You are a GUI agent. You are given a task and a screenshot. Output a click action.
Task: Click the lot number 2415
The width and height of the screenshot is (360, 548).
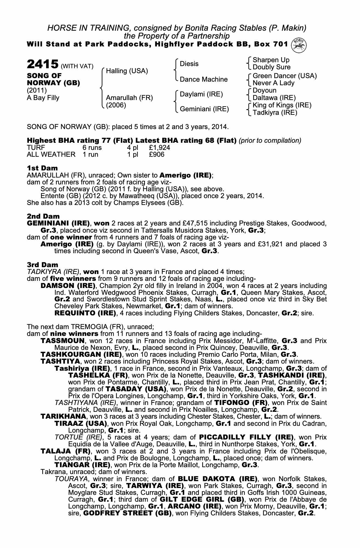point(42,64)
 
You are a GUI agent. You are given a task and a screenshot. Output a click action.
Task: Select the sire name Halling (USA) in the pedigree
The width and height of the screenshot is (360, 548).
point(127,71)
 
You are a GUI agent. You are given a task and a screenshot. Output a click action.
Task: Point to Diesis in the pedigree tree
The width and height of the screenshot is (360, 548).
point(189,64)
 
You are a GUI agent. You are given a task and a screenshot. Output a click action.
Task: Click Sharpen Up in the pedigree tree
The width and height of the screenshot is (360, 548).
point(271,60)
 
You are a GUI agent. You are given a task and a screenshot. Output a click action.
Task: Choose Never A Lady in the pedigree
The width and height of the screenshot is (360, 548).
point(273,83)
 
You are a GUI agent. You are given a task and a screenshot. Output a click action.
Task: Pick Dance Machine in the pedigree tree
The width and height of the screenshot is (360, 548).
point(204,79)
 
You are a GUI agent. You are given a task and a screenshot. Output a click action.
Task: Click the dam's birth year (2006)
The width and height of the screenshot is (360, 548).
point(116,105)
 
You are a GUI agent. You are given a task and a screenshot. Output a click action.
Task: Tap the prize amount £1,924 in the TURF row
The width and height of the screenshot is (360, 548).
point(159,148)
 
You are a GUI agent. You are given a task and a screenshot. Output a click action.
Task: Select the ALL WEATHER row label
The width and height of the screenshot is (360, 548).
point(51,155)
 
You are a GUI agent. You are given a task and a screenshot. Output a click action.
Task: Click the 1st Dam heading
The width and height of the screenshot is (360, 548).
point(42,168)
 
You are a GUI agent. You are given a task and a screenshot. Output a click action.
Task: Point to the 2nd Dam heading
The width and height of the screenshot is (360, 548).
point(43,216)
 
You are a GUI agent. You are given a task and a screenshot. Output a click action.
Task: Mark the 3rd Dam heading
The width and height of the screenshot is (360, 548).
point(42,265)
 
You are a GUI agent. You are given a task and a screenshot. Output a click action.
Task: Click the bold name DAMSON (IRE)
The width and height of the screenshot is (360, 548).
point(68,286)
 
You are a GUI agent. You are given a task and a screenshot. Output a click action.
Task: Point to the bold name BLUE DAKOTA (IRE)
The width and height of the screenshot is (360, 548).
point(218,479)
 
